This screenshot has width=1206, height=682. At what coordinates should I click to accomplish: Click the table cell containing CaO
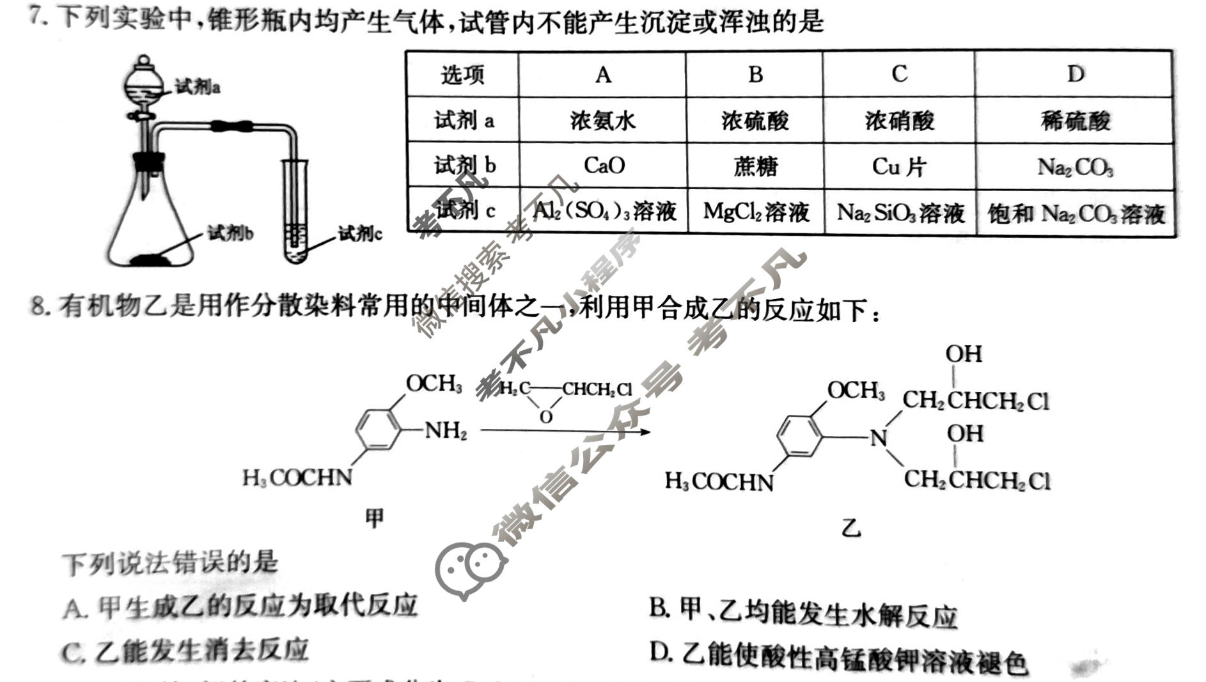[x=604, y=166]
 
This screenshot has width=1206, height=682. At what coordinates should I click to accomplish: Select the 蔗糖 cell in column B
[x=755, y=166]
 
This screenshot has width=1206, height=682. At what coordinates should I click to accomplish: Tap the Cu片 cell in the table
[x=899, y=167]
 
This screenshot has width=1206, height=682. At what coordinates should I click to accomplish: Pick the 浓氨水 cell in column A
[x=603, y=120]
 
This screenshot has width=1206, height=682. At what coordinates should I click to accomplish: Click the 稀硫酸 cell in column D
[x=1076, y=120]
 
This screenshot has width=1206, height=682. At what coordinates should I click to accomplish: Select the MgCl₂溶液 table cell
[x=756, y=212]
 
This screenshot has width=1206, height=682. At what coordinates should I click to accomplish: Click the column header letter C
[x=899, y=74]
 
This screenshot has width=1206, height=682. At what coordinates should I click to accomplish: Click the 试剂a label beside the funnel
[x=198, y=87]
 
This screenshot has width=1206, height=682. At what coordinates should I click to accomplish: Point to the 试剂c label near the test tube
[x=360, y=234]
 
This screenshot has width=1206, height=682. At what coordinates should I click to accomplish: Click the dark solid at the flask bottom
[x=151, y=259]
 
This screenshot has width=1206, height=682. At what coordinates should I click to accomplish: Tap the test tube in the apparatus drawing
[x=295, y=211]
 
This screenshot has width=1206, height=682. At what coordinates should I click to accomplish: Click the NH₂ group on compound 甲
[x=446, y=431]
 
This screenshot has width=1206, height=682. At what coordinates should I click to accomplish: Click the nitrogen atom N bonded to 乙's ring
[x=879, y=438]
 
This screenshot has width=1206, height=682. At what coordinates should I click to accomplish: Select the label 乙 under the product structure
[x=851, y=528]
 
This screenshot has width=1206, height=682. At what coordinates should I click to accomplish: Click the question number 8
[x=38, y=307]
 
